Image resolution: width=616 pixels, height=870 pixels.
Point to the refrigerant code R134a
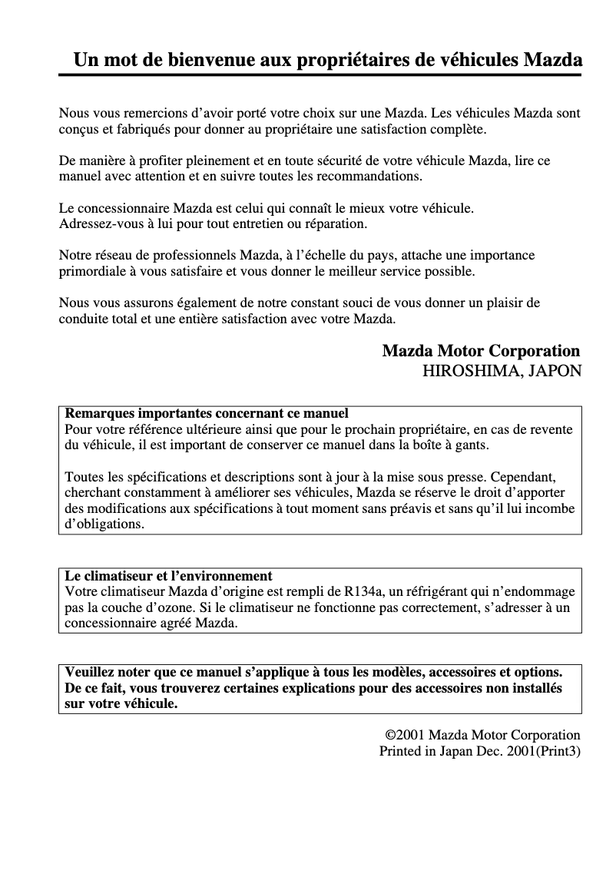[363, 591]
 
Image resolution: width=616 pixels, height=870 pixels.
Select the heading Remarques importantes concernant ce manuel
[207, 413]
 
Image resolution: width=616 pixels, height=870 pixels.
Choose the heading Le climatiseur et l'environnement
[169, 575]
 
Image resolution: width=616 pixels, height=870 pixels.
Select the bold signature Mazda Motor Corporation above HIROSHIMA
[481, 351]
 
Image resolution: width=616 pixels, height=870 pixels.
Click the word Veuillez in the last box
[91, 672]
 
